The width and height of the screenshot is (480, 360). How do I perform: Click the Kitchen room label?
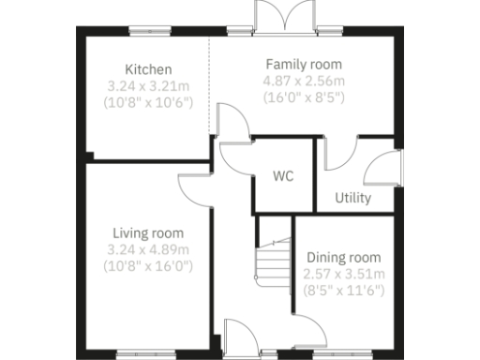(x=148, y=69)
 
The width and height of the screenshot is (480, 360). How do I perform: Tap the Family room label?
(x=303, y=65)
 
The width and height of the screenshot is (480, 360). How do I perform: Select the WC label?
(x=284, y=176)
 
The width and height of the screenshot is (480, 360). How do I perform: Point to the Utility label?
(x=352, y=199)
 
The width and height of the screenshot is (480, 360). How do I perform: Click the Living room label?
(x=148, y=232)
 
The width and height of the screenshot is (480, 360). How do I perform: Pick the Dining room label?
(x=344, y=258)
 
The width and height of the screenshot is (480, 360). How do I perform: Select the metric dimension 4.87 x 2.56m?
(x=303, y=81)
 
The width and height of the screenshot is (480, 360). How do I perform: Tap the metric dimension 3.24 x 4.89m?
(x=148, y=248)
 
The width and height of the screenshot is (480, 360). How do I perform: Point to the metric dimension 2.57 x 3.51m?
(x=344, y=274)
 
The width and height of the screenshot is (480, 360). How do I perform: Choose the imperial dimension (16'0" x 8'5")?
(x=303, y=97)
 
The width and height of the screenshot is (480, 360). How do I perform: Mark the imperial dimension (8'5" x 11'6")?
(x=344, y=290)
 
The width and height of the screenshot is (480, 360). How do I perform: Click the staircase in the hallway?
(x=273, y=259)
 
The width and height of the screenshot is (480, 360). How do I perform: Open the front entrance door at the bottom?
(x=239, y=338)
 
